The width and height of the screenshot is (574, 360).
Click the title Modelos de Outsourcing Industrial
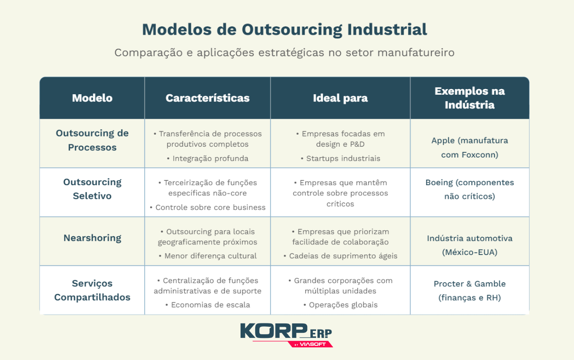click(x=284, y=30)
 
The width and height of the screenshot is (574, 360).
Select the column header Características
click(x=207, y=98)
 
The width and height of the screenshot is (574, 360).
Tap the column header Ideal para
click(x=340, y=98)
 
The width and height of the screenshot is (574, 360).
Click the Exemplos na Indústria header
click(x=469, y=98)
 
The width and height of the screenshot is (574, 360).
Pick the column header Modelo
click(x=92, y=98)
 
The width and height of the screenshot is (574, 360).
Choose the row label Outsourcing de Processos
click(x=92, y=140)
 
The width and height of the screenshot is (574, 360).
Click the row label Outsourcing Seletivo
click(x=92, y=189)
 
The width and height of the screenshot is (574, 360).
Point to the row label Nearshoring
click(x=92, y=238)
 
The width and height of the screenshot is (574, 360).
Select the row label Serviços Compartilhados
click(x=92, y=290)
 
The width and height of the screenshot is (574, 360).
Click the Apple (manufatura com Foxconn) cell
click(x=469, y=147)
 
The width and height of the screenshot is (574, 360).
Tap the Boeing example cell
click(x=469, y=189)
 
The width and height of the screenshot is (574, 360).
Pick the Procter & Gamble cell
click(x=469, y=290)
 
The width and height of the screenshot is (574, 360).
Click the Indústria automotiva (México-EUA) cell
click(x=469, y=245)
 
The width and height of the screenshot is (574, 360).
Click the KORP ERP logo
click(x=286, y=334)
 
